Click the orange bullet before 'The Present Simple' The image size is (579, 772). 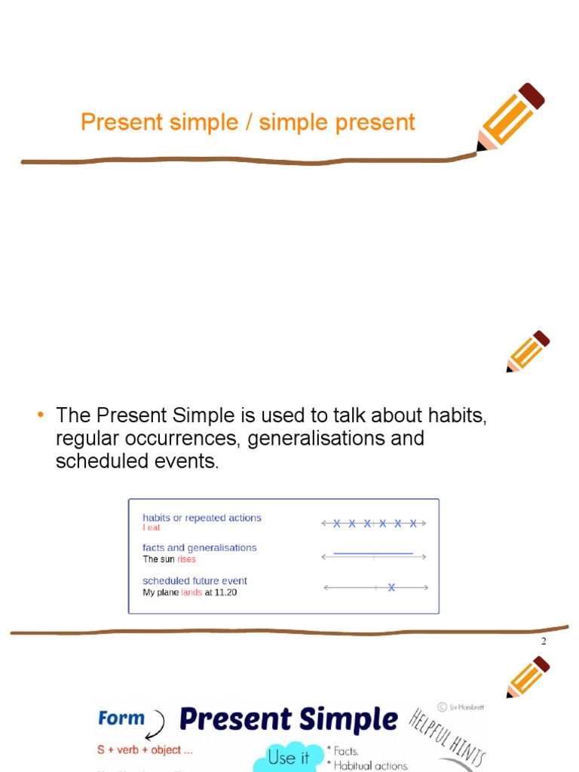coord(41,415)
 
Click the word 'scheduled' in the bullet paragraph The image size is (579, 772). coord(98,461)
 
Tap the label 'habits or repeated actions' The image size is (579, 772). coord(202,518)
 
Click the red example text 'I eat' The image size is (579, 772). coord(152,528)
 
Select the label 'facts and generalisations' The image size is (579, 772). coord(200,548)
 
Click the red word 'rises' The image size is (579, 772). coord(186,559)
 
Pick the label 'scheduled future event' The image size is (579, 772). coord(195,581)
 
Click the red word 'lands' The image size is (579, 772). coord(191,593)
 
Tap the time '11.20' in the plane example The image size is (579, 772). coord(225,593)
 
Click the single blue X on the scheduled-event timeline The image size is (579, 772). coord(391,587)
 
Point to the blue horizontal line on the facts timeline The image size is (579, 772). coord(373,553)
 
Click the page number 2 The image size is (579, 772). coord(543,642)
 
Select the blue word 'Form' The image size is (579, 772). coord(121,718)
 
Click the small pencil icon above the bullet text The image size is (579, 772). coord(528,351)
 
